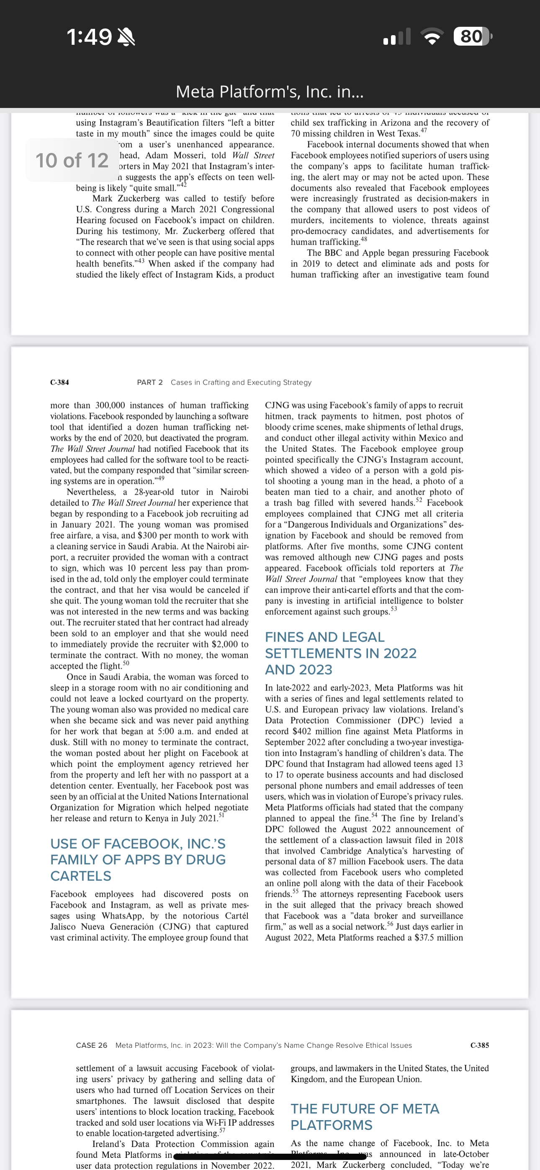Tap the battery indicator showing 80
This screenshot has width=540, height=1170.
472,36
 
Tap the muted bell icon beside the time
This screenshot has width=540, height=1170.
126,37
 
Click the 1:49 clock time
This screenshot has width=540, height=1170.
89,37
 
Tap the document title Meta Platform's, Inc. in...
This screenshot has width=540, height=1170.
270,92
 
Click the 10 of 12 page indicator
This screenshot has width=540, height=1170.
72,160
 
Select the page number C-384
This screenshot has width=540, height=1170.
59,382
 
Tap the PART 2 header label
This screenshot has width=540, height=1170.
149,382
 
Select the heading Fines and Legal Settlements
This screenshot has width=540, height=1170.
340,653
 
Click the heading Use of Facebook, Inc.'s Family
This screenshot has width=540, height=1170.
138,860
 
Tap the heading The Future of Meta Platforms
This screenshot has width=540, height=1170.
365,1117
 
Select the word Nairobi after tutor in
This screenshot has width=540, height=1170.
234,492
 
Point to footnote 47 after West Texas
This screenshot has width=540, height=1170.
424,131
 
